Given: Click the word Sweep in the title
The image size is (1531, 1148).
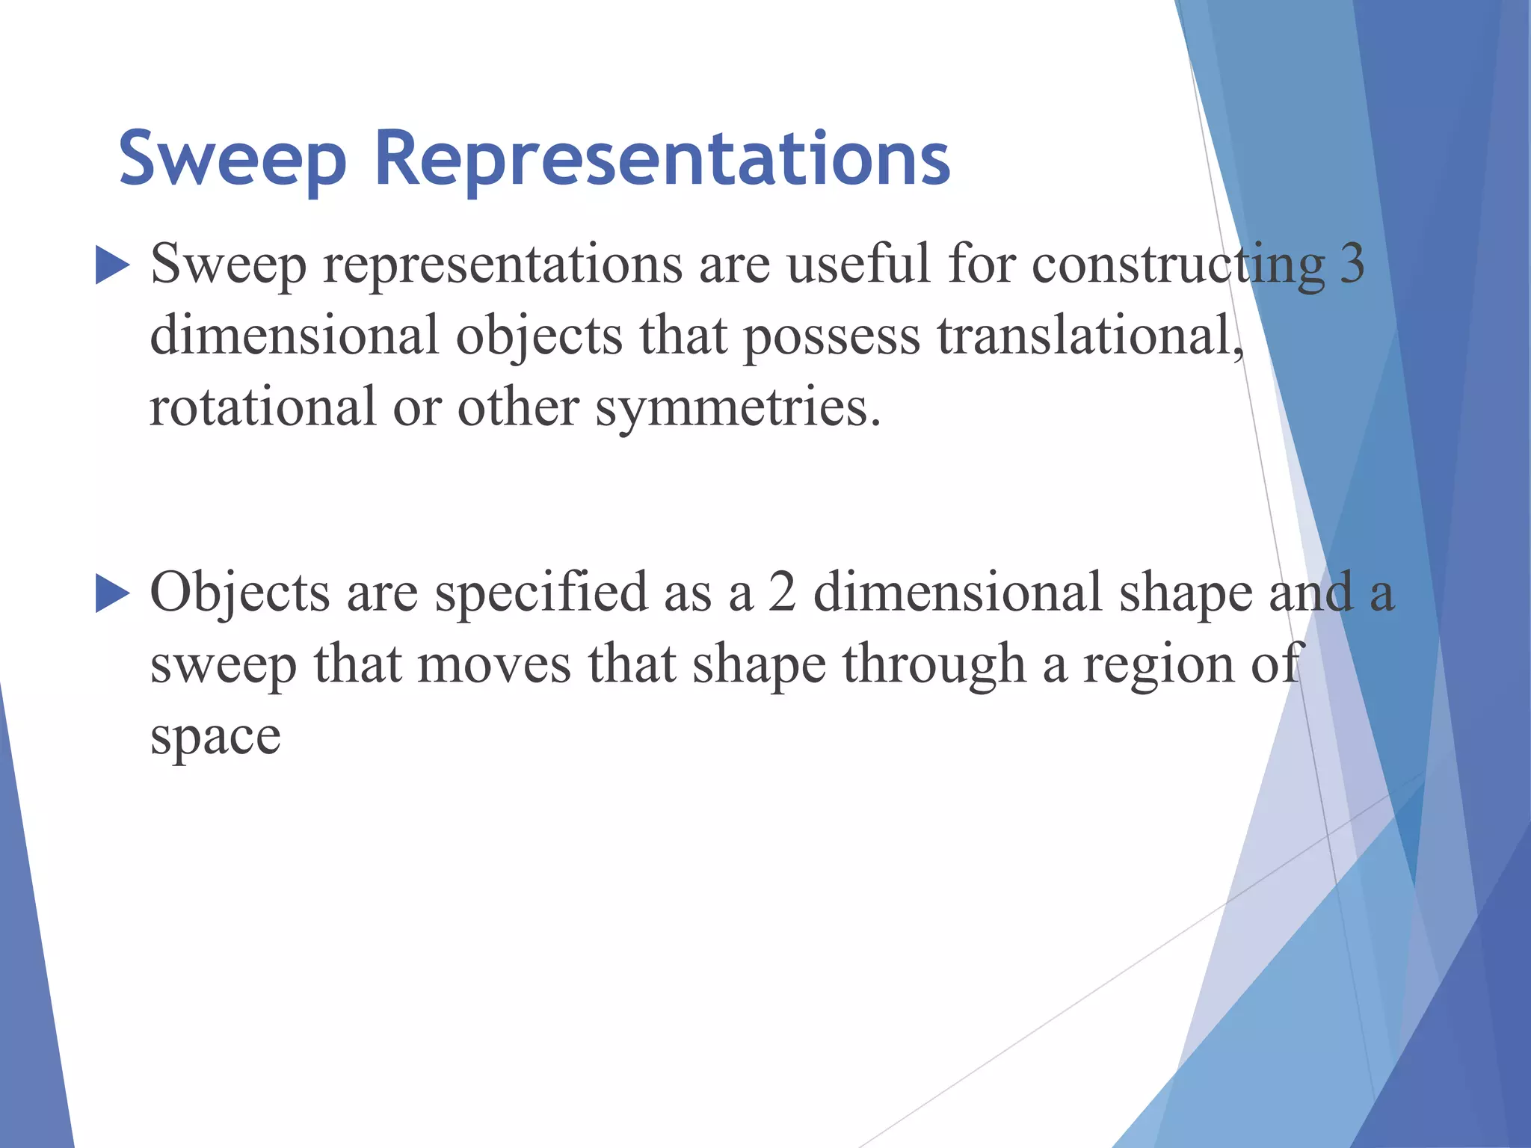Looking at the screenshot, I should [x=232, y=160].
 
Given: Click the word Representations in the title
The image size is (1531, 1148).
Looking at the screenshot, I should [x=662, y=160].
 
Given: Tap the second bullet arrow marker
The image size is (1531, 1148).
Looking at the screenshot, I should [x=113, y=595].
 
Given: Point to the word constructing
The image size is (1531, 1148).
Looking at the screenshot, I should [x=1178, y=265].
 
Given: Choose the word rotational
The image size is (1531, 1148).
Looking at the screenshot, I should [x=262, y=407].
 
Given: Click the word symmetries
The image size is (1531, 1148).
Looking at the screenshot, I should [x=737, y=409].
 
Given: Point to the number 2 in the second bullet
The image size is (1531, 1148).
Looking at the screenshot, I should [x=782, y=593].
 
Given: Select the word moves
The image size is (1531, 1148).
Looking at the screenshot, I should [x=493, y=664].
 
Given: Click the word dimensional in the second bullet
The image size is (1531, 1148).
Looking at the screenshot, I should [x=957, y=593].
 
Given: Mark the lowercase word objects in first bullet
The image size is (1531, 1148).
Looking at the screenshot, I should [x=539, y=337].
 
